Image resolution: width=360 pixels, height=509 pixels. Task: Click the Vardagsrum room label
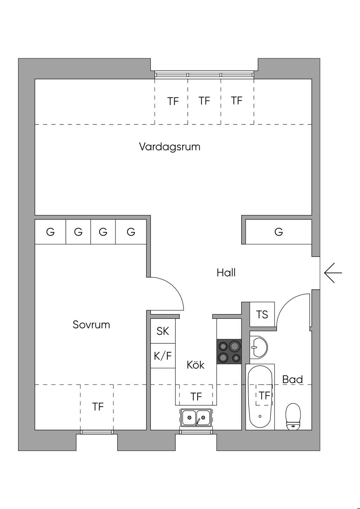(x=170, y=147)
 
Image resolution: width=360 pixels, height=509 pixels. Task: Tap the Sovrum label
(x=91, y=324)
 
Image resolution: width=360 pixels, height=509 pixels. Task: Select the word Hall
(x=226, y=273)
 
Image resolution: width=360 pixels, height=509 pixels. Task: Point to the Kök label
(x=195, y=365)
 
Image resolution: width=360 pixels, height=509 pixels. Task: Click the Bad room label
(x=292, y=379)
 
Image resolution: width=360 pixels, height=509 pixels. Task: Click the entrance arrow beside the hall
(x=333, y=273)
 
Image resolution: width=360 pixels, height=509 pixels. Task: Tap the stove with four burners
(x=229, y=352)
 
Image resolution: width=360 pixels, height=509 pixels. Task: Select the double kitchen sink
(x=196, y=417)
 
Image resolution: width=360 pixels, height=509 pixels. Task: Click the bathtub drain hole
(x=260, y=416)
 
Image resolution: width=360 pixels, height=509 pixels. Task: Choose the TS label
(x=262, y=315)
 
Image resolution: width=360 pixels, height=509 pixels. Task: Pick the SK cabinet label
(x=163, y=331)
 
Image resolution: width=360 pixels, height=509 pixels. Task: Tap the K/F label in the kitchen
(x=163, y=356)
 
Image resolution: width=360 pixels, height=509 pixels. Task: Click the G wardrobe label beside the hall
(x=278, y=232)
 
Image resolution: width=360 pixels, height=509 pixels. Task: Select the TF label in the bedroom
(x=98, y=407)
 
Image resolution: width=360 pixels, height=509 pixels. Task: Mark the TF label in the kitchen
(x=196, y=397)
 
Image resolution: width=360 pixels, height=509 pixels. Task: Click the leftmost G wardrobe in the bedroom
(x=50, y=232)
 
